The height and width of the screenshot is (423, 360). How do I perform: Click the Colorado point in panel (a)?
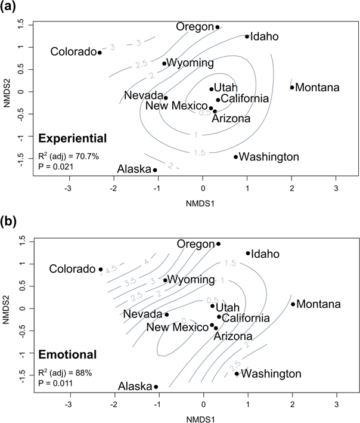100,53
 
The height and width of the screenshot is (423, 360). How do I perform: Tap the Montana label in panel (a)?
318,88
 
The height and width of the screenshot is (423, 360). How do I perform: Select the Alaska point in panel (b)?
156,387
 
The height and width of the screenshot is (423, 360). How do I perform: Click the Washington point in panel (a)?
235,157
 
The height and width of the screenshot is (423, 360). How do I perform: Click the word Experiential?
72,138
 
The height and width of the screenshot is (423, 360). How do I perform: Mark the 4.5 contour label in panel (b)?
111,270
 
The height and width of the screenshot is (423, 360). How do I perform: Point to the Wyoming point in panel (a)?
164,63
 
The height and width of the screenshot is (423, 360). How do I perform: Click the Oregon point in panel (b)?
218,243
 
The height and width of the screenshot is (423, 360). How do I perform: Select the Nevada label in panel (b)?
142,314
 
